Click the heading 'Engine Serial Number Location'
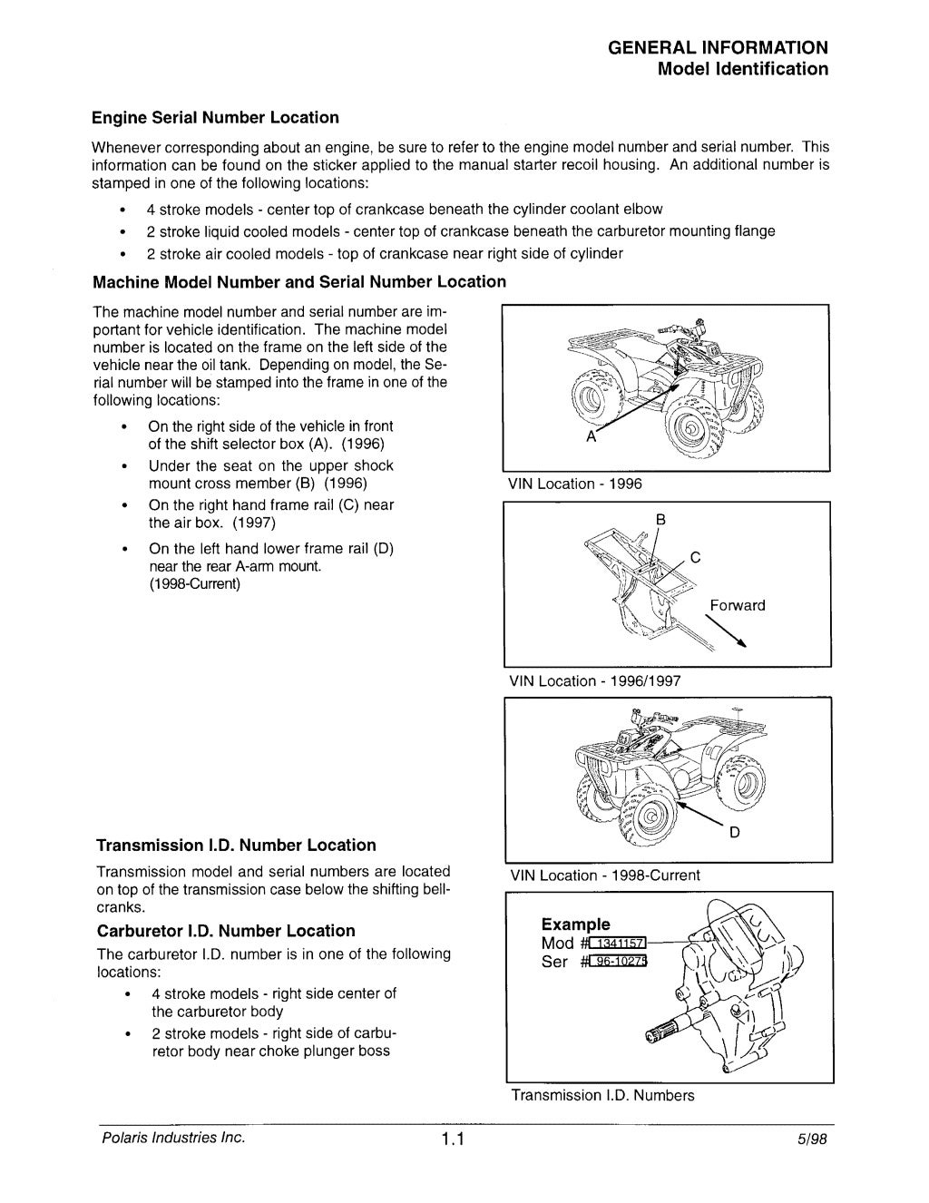(216, 118)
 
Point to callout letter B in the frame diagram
(660, 520)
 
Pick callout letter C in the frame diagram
(695, 559)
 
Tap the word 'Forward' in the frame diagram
(737, 605)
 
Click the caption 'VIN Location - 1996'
(576, 484)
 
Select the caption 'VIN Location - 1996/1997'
(595, 681)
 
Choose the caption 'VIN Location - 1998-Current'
(605, 875)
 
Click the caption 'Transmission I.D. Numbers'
(602, 1095)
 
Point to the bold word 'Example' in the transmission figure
(575, 924)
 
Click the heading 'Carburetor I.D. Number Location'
(226, 931)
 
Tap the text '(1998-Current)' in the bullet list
(195, 583)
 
